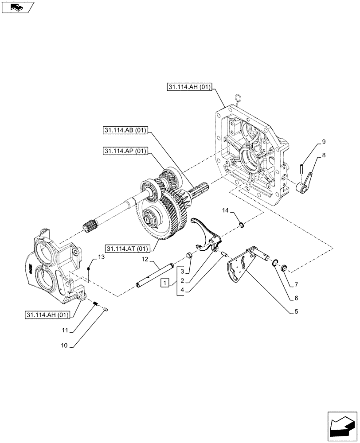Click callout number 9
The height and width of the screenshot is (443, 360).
(x=323, y=142)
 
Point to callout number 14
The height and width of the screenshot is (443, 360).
(x=225, y=212)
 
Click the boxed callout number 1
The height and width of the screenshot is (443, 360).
(x=164, y=282)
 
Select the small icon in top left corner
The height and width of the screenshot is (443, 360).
(x=16, y=7)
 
